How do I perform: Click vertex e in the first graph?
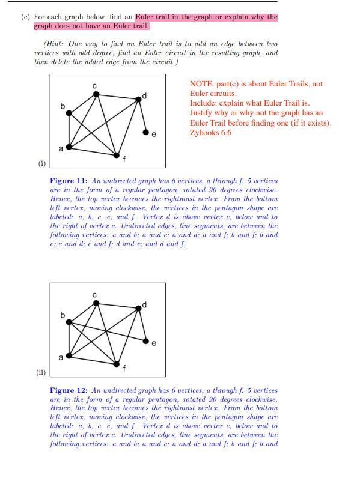[x=145, y=132]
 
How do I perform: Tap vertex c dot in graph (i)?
[x=95, y=93]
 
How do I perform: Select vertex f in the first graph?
[x=117, y=155]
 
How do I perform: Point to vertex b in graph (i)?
[x=69, y=112]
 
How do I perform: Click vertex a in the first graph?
[x=69, y=146]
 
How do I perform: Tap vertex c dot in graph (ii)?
[x=96, y=303]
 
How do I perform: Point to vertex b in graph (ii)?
[x=69, y=322]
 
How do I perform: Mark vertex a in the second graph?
[x=69, y=355]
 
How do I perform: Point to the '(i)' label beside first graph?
[x=41, y=162]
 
